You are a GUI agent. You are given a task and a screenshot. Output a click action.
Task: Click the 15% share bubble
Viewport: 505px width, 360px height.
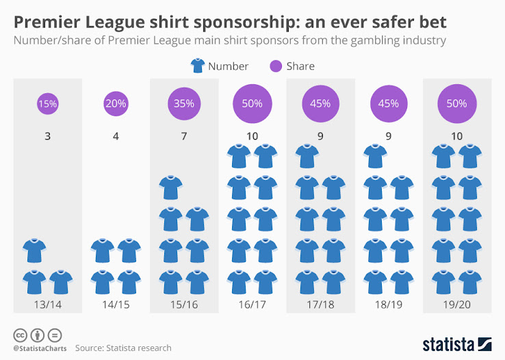point(47,104)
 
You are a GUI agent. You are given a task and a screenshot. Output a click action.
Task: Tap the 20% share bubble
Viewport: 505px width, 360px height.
point(115,104)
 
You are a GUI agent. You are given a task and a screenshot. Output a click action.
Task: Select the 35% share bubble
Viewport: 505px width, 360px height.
point(183,104)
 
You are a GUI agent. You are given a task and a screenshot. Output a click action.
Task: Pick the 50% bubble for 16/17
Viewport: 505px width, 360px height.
point(252,104)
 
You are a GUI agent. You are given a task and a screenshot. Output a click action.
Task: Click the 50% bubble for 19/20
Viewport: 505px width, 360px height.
point(456,104)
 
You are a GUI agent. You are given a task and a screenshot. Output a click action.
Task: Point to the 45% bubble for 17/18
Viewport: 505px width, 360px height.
point(320,104)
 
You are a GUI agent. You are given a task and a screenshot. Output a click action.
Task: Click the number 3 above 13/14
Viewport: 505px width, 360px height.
point(47,136)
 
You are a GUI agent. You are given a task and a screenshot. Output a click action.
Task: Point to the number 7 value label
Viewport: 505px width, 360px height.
point(183,136)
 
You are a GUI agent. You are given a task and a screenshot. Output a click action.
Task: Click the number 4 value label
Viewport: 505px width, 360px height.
point(116,136)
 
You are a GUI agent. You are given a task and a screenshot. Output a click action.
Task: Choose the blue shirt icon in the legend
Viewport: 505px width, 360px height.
point(197,66)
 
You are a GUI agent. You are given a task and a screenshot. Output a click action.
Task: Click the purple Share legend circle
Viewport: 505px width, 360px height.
point(275,66)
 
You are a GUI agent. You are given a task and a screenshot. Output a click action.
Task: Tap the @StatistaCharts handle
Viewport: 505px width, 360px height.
point(38,348)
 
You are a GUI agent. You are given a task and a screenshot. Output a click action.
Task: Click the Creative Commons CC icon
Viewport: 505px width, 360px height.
point(20,335)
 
